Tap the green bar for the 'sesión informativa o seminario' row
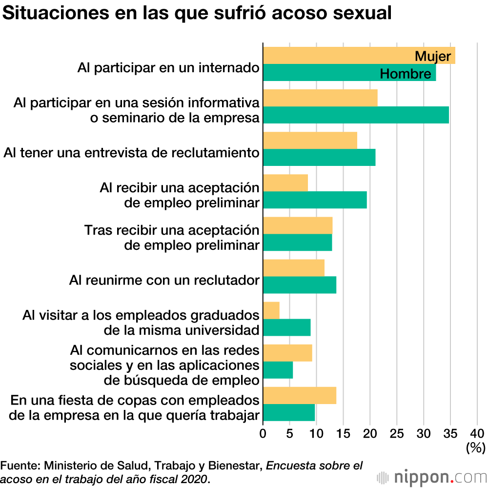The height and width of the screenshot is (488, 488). pos(356,115)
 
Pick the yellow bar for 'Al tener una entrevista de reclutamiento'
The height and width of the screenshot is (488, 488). pos(310,141)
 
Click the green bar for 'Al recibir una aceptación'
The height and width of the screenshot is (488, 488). pos(315,200)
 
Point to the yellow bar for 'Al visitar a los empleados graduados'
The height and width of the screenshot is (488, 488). pos(271,310)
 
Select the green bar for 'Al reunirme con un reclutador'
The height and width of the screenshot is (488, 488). pos(300,285)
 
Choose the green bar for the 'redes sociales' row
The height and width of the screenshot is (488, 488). pos(278,370)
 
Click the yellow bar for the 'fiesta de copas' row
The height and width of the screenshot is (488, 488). pos(300,395)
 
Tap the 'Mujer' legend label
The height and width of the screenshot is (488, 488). pos(432,56)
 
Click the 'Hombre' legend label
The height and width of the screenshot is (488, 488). pos(405,74)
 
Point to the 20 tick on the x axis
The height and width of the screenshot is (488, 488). pos(370,433)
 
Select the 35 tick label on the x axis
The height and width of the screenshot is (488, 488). pos(450,433)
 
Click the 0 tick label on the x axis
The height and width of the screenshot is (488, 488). pos(263,433)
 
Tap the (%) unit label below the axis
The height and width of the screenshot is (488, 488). pos(475,447)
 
